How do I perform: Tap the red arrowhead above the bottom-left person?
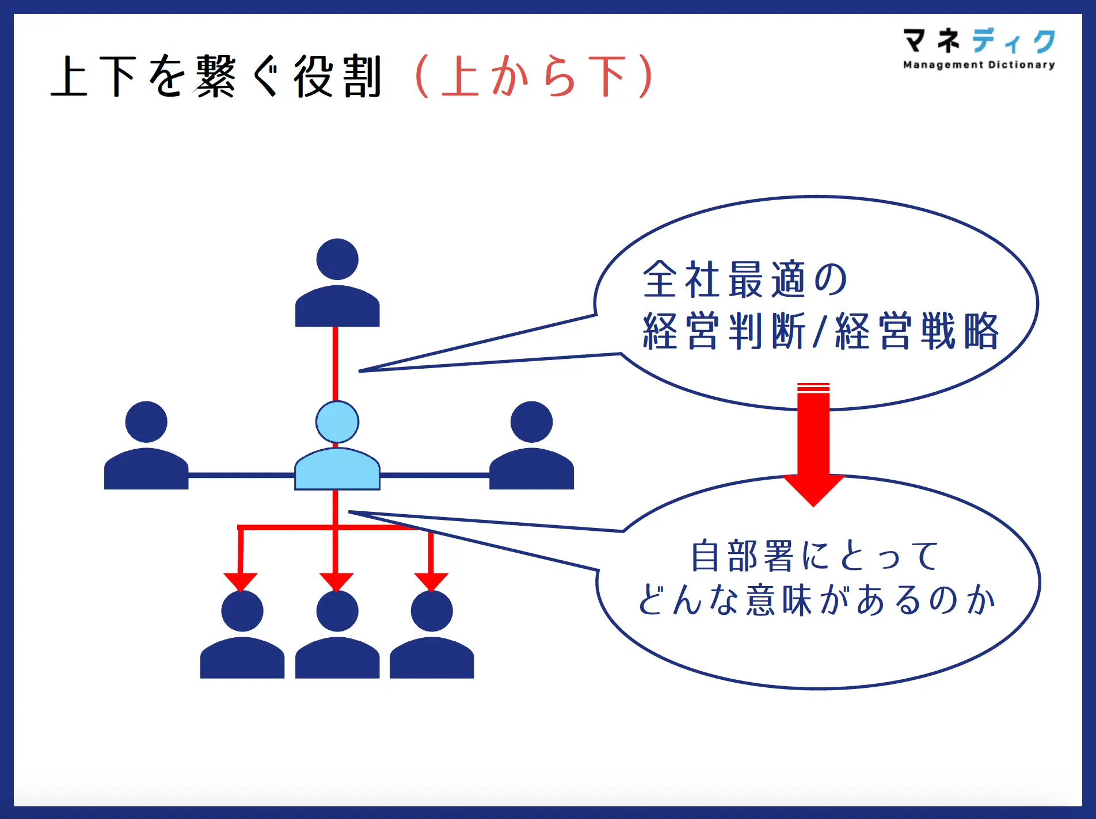click(241, 582)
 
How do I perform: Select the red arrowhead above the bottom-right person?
click(431, 582)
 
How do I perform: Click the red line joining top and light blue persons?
click(336, 363)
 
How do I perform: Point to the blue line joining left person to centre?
click(242, 475)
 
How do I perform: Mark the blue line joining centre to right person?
click(435, 475)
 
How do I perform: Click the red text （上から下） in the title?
click(534, 76)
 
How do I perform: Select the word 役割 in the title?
click(338, 76)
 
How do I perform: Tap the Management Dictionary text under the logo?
click(979, 65)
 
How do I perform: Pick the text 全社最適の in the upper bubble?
click(745, 280)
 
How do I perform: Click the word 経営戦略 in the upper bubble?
click(917, 331)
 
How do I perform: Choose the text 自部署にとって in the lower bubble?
click(815, 556)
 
